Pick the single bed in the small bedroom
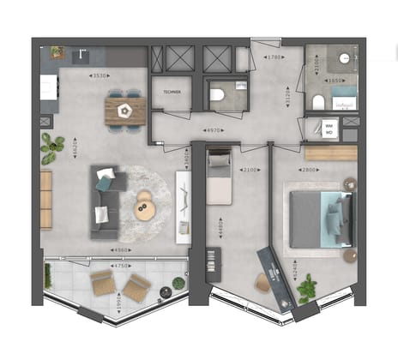click(x=219, y=177)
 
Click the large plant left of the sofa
click(x=51, y=148)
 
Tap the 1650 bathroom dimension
click(x=336, y=81)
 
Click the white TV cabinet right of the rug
click(x=183, y=206)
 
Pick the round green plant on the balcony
click(x=178, y=282)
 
